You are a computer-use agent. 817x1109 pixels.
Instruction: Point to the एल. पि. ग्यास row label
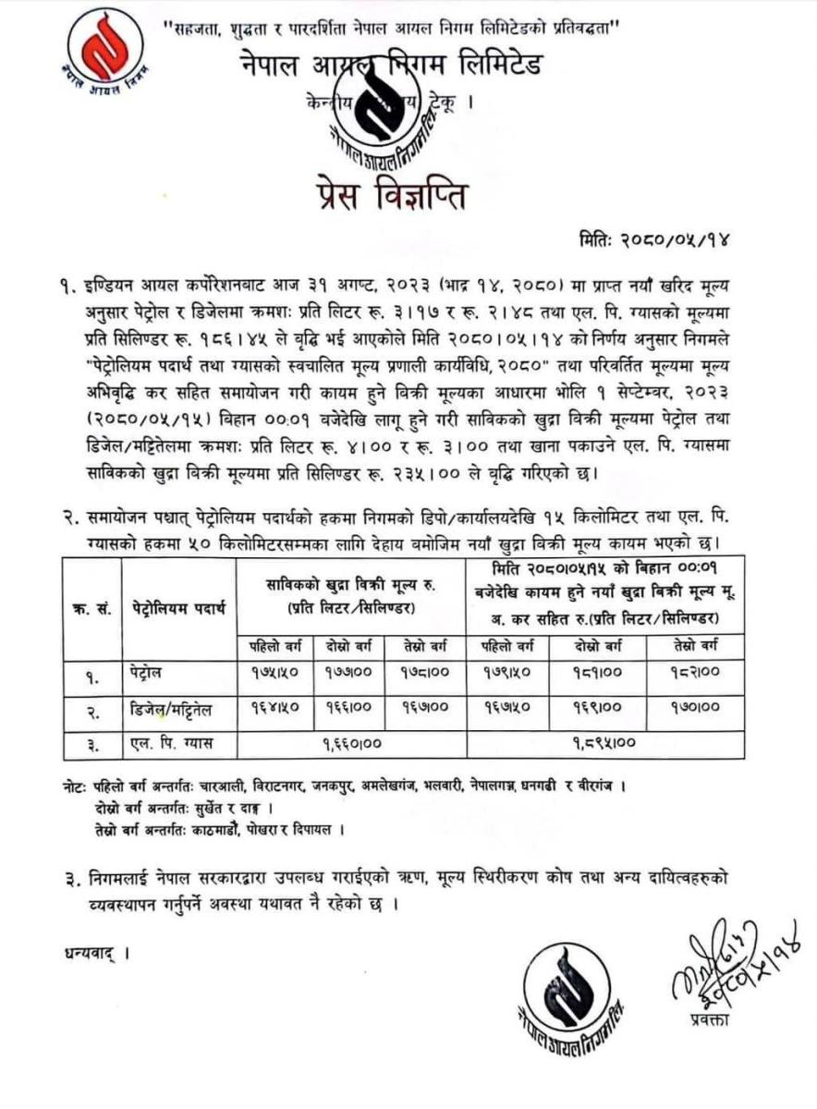171,743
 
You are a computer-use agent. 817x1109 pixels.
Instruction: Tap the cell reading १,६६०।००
354,743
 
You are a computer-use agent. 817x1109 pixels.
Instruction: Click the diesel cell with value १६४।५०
274,712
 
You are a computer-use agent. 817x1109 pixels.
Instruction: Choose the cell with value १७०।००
694,712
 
